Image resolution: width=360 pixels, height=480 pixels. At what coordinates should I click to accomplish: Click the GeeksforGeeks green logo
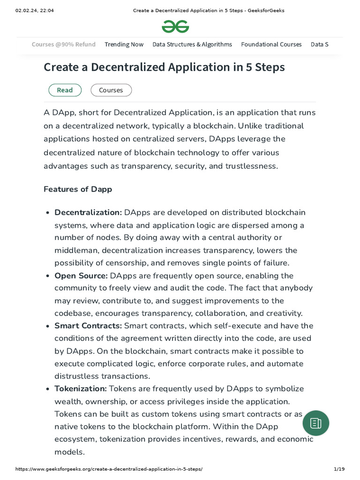(x=175, y=27)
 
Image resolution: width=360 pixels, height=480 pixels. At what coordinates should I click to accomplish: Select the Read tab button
(x=65, y=90)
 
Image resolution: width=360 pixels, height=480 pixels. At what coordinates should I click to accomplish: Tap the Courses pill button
(x=111, y=90)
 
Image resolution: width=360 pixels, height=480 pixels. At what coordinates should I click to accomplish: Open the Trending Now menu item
(x=124, y=45)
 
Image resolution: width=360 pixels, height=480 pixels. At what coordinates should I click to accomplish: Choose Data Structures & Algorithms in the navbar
(x=192, y=45)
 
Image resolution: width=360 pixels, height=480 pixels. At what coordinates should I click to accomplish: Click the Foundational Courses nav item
(x=271, y=45)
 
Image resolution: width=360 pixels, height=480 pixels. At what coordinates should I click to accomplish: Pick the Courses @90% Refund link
(x=64, y=45)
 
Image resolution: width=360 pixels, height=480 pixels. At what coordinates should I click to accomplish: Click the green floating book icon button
(x=316, y=423)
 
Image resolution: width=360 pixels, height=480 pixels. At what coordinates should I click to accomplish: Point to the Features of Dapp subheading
(x=78, y=189)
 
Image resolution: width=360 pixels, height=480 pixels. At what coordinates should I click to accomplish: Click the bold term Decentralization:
(x=88, y=212)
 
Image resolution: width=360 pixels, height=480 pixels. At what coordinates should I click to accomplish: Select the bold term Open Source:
(x=81, y=276)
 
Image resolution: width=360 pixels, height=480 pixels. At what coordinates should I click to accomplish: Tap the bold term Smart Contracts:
(x=88, y=326)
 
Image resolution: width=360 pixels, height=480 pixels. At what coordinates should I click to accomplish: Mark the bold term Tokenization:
(x=81, y=389)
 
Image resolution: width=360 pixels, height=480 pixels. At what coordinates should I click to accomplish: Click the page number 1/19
(x=339, y=469)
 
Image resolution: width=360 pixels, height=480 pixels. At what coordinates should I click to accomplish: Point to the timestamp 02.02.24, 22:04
(x=35, y=10)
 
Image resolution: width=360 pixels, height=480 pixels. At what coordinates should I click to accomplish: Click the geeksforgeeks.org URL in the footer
(x=109, y=469)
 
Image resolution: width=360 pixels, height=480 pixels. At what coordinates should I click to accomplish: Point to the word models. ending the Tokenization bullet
(x=69, y=452)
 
